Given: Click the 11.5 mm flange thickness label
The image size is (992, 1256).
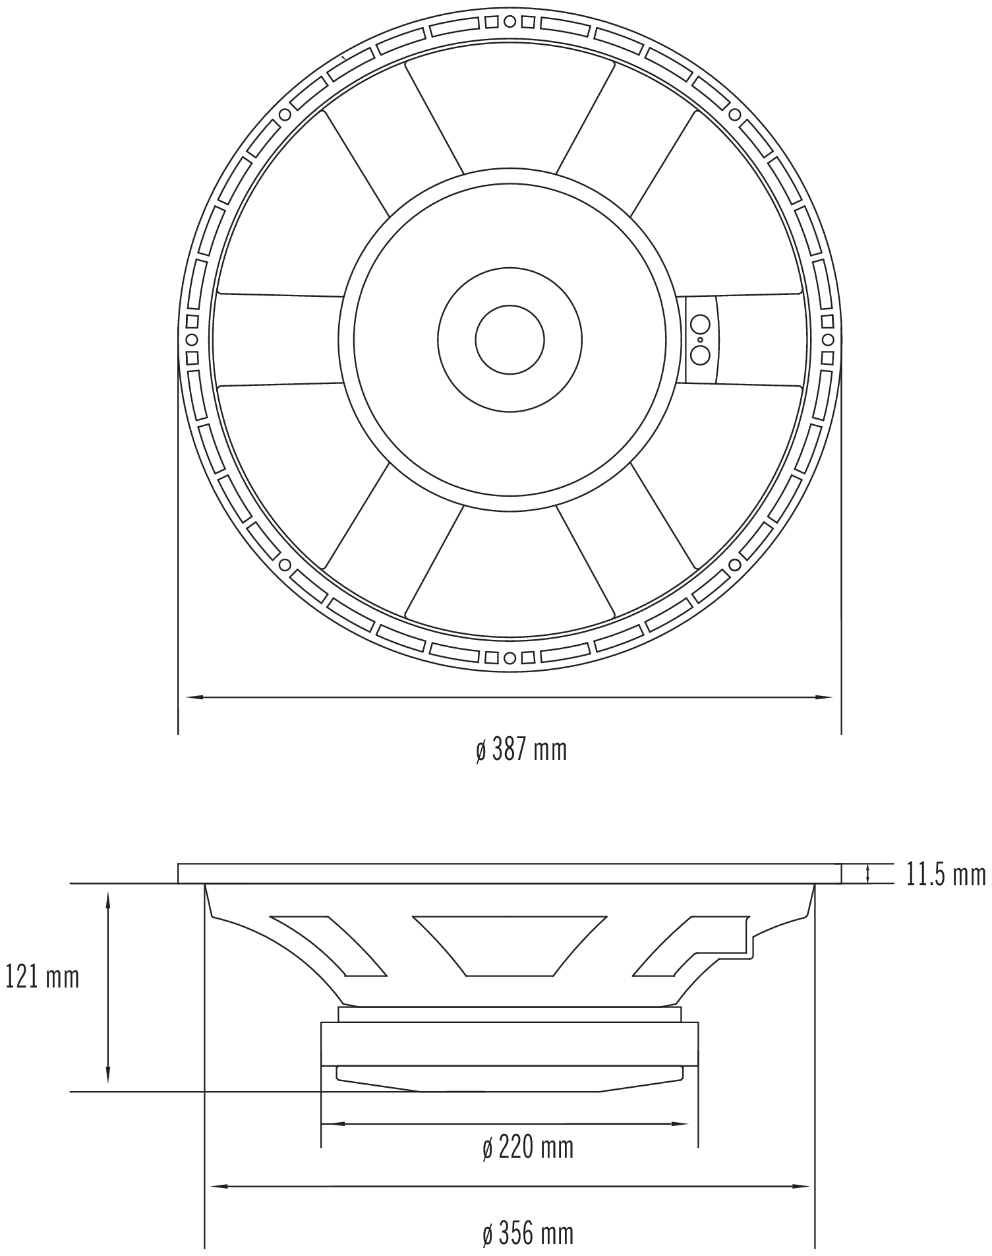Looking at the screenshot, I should pyautogui.click(x=945, y=875).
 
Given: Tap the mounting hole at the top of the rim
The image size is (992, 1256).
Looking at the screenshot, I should pyautogui.click(x=510, y=22).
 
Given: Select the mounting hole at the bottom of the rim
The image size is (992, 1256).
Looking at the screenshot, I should pyautogui.click(x=510, y=658).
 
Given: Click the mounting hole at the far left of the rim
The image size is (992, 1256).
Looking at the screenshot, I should pyautogui.click(x=192, y=340).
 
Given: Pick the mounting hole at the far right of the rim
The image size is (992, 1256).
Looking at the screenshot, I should pyautogui.click(x=827, y=340).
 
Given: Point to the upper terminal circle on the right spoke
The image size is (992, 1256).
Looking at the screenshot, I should pyautogui.click(x=700, y=325).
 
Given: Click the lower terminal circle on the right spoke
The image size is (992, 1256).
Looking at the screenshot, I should pyautogui.click(x=700, y=355).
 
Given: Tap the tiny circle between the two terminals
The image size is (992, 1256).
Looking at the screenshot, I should pyautogui.click(x=700, y=340).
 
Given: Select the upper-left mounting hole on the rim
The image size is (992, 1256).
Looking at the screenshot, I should pyautogui.click(x=285, y=115).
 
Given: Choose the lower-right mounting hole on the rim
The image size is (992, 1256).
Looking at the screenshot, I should pyautogui.click(x=734, y=565).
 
